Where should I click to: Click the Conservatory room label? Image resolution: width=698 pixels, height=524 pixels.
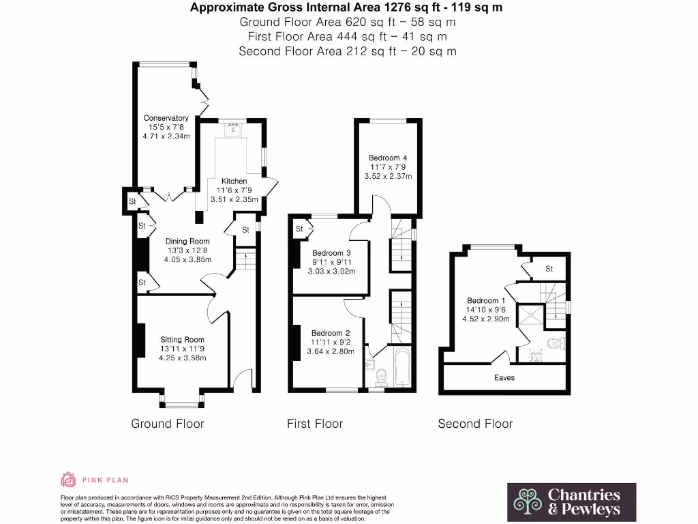166,118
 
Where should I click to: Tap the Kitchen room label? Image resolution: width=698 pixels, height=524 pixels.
234,181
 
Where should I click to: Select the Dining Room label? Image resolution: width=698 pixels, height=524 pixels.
187,241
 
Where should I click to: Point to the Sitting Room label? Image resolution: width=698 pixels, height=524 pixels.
182,339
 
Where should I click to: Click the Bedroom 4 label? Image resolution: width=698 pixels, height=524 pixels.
387,158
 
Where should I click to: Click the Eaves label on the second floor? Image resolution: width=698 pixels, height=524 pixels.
504,377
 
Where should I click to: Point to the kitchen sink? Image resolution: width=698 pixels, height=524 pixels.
234,129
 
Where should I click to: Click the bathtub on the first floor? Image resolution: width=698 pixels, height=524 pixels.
401,368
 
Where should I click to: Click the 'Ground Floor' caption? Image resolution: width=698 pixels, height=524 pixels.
167,424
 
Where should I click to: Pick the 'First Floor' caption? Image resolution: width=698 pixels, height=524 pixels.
315,424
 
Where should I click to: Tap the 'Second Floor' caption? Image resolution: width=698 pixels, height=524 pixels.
475,424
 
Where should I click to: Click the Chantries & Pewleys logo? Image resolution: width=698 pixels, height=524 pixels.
571,501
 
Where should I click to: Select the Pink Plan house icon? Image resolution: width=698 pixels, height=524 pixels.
68,480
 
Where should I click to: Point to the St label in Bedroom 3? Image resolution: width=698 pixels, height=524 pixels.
299,229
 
